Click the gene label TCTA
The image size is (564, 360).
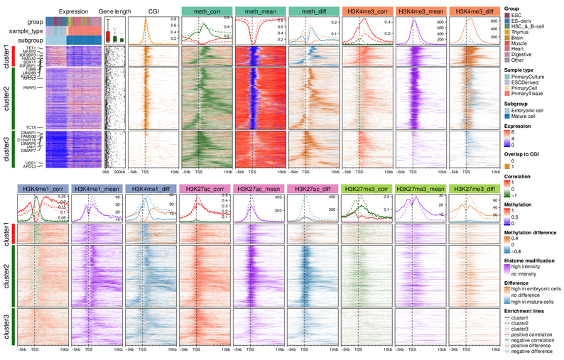coord(40,128)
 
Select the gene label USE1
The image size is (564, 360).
coord(30,162)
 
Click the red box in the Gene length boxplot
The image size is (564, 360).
coord(108,36)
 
